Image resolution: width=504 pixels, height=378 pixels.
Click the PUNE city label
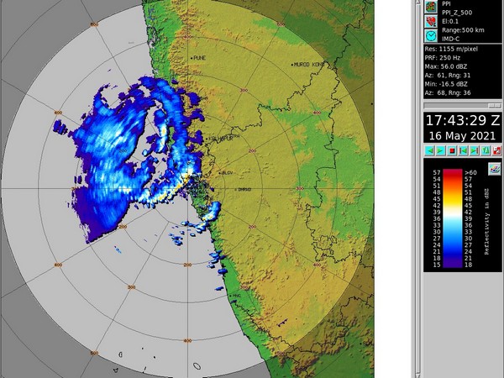tap(199, 57)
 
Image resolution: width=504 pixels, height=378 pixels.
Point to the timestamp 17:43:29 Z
tap(462, 120)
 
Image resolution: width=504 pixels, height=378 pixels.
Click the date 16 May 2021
tap(462, 135)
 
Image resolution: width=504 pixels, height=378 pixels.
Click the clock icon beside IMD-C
tap(430, 37)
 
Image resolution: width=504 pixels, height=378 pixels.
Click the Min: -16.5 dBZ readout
tap(452, 85)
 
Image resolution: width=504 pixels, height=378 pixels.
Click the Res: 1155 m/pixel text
tap(454, 50)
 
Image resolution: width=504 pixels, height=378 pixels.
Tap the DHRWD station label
tap(244, 190)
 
